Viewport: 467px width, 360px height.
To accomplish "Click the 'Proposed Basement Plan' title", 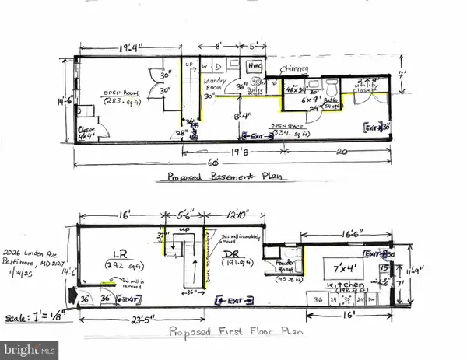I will pos(225,177).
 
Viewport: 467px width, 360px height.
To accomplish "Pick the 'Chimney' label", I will pos(297,68).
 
